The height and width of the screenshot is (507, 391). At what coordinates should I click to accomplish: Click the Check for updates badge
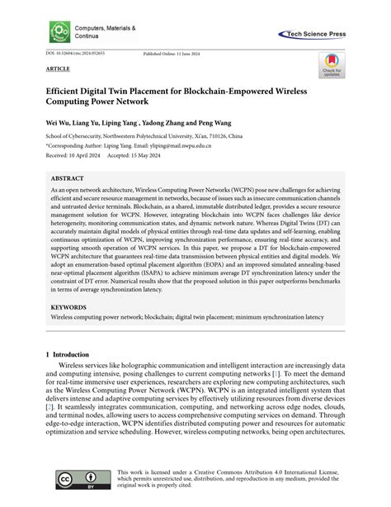click(331, 66)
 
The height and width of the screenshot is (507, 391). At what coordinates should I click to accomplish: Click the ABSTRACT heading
click(67, 178)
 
